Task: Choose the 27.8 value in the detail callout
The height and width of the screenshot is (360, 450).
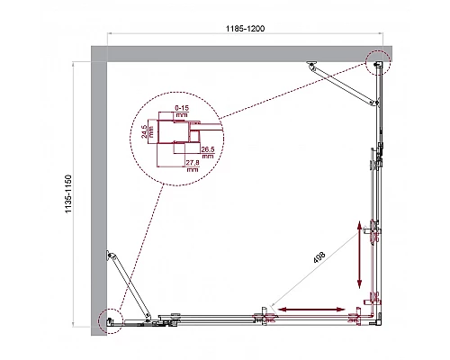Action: click(191, 162)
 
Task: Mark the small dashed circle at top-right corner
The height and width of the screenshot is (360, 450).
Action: click(378, 62)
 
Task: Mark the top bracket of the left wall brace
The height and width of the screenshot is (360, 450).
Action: click(109, 255)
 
